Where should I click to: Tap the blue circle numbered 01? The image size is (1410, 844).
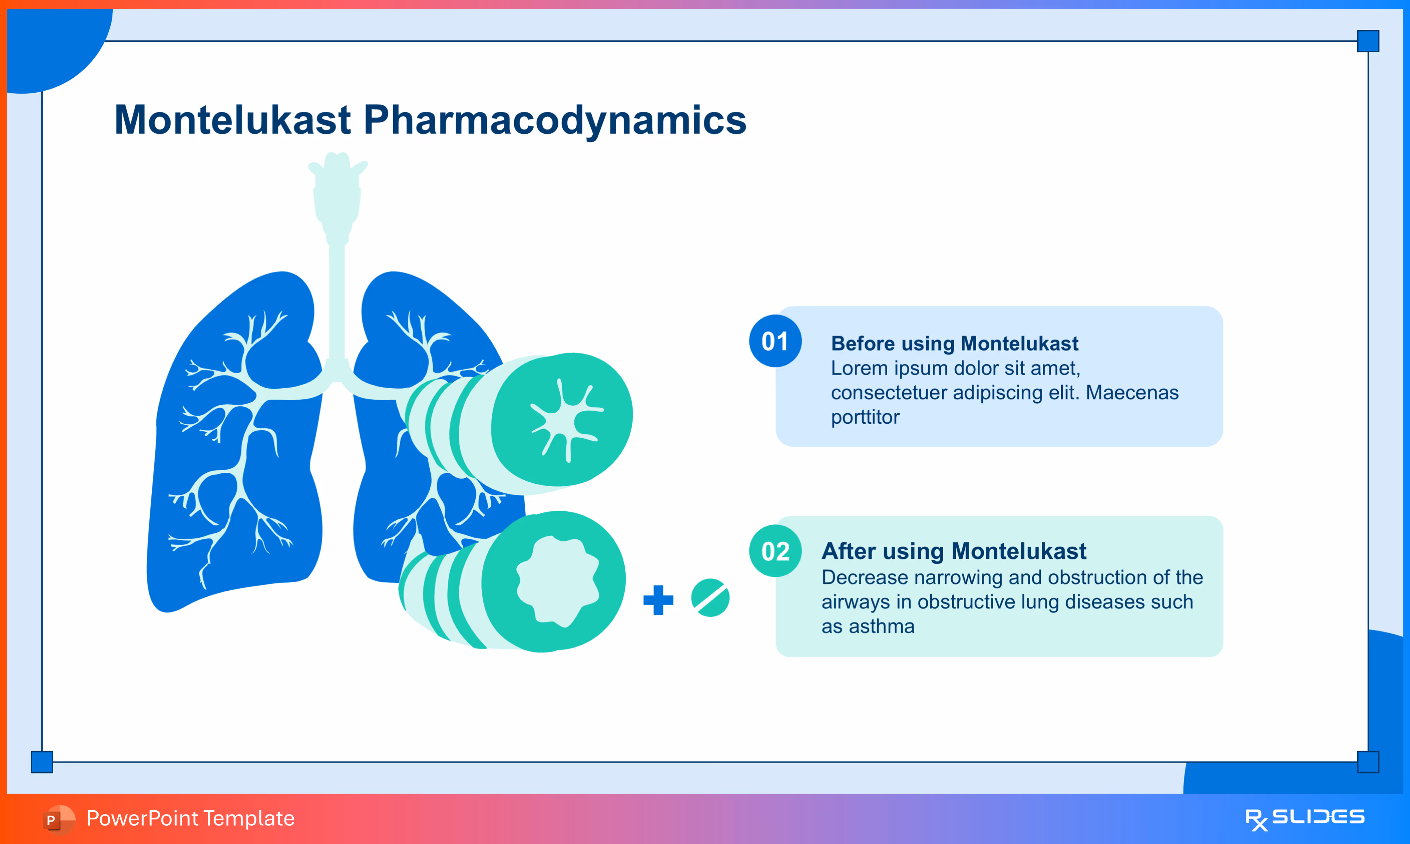click(x=775, y=341)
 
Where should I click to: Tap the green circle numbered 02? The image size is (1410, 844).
click(x=775, y=551)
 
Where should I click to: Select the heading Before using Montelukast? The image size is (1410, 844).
click(x=955, y=344)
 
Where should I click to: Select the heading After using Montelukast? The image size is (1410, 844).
click(x=954, y=551)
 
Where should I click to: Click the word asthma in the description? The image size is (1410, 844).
click(x=881, y=626)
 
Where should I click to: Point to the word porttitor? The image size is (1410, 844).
click(x=866, y=417)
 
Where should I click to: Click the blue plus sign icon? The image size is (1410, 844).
click(x=658, y=600)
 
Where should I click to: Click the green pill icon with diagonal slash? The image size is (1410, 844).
click(x=710, y=598)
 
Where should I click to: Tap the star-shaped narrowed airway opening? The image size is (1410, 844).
click(x=565, y=420)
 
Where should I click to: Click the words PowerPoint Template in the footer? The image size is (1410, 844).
click(x=191, y=818)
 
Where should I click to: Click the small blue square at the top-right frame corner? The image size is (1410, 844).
click(x=1368, y=41)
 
